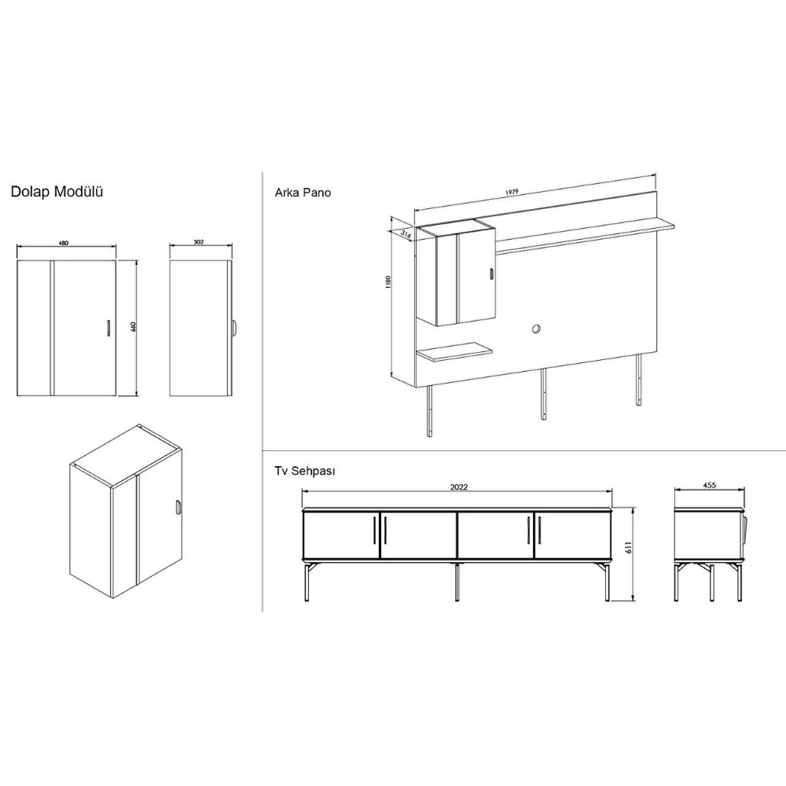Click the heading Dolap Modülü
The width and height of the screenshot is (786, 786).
pyautogui.click(x=57, y=192)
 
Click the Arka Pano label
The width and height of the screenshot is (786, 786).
pyautogui.click(x=303, y=193)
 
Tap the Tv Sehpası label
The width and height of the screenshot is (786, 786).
pyautogui.click(x=305, y=471)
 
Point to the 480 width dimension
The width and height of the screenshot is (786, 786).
pyautogui.click(x=64, y=243)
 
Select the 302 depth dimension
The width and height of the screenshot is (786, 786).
pyautogui.click(x=199, y=242)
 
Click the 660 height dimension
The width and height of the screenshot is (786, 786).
pyautogui.click(x=134, y=327)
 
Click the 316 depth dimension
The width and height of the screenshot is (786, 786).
pyautogui.click(x=406, y=233)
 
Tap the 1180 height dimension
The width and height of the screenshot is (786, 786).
pyautogui.click(x=388, y=281)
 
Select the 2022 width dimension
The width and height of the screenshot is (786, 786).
pyautogui.click(x=459, y=487)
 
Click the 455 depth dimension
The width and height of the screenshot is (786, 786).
pyautogui.click(x=709, y=485)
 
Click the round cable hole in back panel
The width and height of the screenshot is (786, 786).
pyautogui.click(x=536, y=329)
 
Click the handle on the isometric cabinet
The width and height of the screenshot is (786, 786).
pyautogui.click(x=177, y=507)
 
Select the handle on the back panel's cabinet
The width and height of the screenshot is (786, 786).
pyautogui.click(x=491, y=274)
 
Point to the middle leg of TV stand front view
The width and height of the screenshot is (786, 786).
pyautogui.click(x=457, y=582)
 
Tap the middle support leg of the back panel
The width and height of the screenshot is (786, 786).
pyautogui.click(x=543, y=394)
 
